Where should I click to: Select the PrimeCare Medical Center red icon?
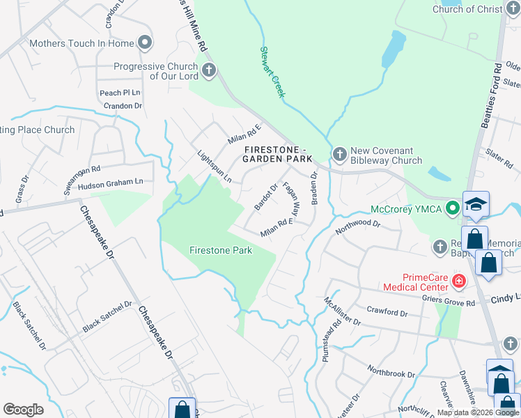pyautogui.click(x=458, y=281)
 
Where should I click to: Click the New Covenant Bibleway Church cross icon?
pyautogui.click(x=340, y=153)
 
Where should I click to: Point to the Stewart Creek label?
pyautogui.click(x=272, y=72)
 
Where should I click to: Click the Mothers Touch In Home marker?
pyautogui.click(x=145, y=43)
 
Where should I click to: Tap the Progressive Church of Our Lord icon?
pyautogui.click(x=208, y=70)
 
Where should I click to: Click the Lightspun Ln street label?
pyautogui.click(x=214, y=167)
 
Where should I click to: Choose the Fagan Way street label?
pyautogui.click(x=291, y=198)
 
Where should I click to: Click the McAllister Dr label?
pyautogui.click(x=342, y=311)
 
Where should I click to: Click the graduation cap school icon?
pyautogui.click(x=476, y=203)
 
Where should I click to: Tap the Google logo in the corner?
pyautogui.click(x=23, y=409)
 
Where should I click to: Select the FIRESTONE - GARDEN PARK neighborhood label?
pyautogui.click(x=277, y=154)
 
